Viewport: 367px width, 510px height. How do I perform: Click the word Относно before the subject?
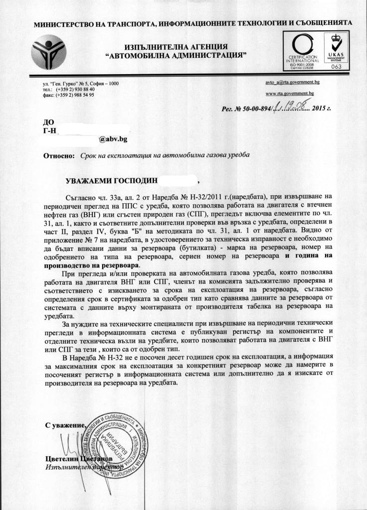[59, 155]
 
